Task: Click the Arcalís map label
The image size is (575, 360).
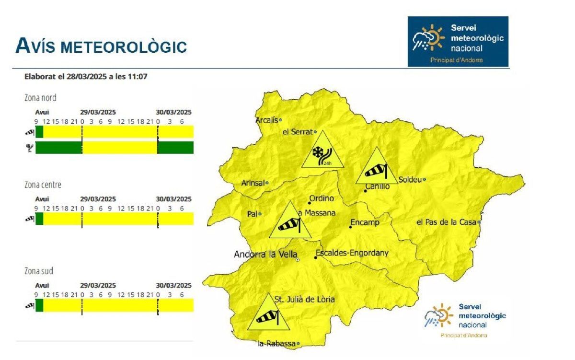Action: coord(267,120)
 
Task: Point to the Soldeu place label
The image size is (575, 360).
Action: coord(410,180)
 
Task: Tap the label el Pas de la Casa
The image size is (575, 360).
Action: coord(446,222)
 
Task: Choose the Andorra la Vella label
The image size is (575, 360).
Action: coord(264,255)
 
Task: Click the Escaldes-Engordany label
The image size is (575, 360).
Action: coord(352,253)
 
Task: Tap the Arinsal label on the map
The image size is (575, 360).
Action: coord(253,183)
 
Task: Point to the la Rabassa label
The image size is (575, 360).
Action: coord(276,344)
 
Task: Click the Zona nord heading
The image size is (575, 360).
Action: coord(40,98)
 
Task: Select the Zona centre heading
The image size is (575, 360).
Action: coord(43,185)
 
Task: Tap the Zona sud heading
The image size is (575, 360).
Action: coord(39,271)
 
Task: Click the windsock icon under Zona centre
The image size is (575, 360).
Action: coord(30,219)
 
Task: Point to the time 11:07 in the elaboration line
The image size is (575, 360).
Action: coord(138,76)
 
